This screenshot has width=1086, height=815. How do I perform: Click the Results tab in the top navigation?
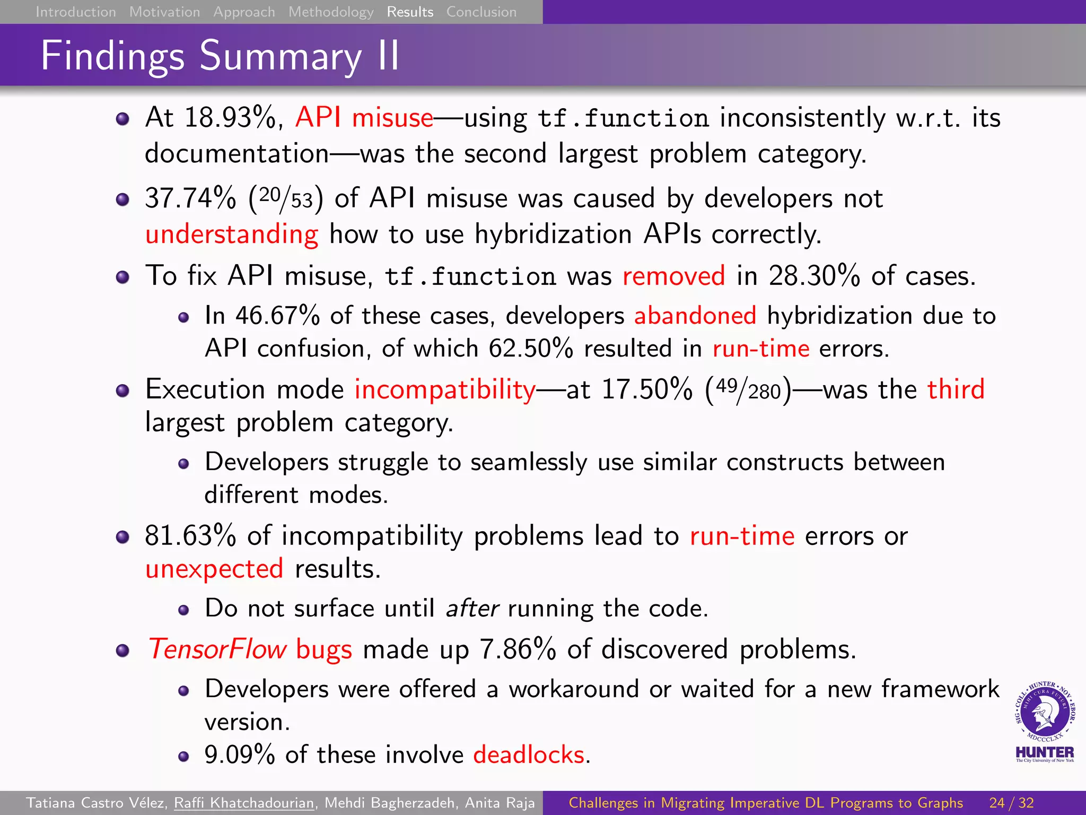(410, 12)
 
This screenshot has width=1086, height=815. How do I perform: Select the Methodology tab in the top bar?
(331, 12)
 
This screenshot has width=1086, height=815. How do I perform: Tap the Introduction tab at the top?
(75, 12)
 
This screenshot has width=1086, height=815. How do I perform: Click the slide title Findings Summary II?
(220, 55)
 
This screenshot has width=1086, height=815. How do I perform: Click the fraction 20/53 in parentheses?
(286, 198)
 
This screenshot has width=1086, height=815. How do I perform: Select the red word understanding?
(232, 234)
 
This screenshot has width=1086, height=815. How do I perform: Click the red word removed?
(673, 276)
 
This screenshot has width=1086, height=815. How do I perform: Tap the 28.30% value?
(814, 276)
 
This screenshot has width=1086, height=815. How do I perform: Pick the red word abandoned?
(695, 316)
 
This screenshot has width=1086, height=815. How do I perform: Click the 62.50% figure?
(530, 349)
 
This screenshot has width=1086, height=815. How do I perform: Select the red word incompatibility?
(445, 389)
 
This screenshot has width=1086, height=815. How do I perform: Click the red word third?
(956, 389)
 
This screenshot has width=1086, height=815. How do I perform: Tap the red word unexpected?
(214, 569)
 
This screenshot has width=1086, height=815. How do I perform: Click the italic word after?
(472, 608)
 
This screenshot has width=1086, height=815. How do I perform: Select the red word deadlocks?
(529, 755)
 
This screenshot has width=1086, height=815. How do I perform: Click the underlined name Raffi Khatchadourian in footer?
(244, 803)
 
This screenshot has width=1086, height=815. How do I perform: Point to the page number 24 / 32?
(1011, 803)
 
